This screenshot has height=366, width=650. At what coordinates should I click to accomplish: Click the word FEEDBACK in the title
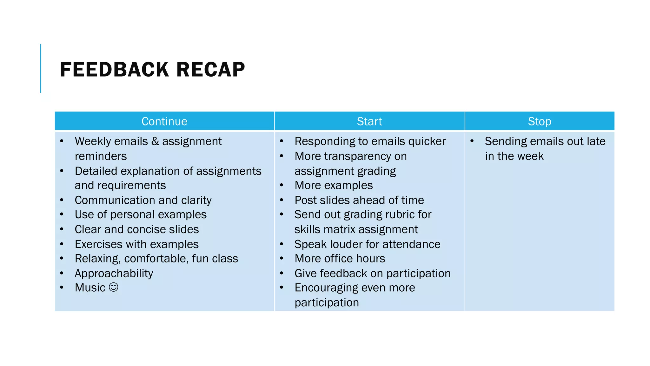[114, 70]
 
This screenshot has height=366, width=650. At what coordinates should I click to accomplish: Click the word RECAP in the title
[210, 70]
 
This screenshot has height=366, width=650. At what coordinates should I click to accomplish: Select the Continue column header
[164, 121]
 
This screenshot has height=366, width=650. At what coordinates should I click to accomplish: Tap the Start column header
[369, 121]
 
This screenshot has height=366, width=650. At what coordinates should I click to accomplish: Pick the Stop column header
[539, 121]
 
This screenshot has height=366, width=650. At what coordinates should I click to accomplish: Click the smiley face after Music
[113, 287]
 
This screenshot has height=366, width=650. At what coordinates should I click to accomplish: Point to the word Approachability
[114, 273]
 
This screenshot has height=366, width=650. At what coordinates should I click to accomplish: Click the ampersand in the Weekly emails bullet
[155, 141]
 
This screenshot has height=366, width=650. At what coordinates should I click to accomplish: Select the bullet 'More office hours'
[340, 259]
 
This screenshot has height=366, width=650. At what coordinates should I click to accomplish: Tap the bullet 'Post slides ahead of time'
[359, 200]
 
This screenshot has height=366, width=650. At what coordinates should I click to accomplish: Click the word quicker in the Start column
[427, 141]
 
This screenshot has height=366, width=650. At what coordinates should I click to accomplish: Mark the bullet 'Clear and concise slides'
[137, 229]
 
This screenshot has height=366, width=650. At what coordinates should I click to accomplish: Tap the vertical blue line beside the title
[41, 68]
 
